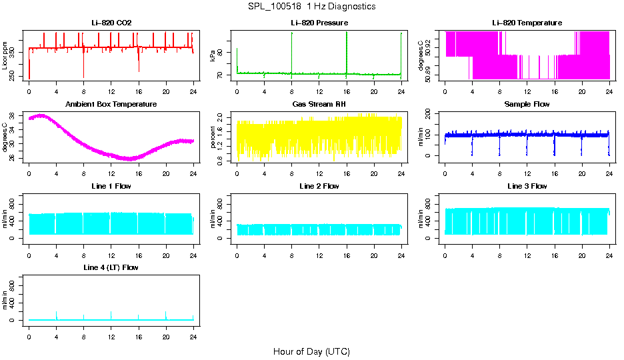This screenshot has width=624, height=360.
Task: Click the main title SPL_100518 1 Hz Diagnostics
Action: click(x=311, y=7)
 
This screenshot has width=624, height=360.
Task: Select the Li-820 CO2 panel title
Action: click(x=111, y=23)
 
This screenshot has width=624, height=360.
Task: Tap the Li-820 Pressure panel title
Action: click(x=319, y=23)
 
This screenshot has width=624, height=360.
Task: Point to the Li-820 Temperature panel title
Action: click(x=527, y=23)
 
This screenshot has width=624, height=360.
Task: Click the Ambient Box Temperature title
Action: click(x=111, y=105)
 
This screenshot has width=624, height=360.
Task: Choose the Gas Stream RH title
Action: click(x=319, y=105)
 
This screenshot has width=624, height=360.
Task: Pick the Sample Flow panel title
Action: click(x=527, y=105)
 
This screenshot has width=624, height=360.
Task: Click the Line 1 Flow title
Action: click(x=111, y=186)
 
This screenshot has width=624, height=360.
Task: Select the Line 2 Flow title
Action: click(x=319, y=186)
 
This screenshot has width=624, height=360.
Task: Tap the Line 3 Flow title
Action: click(x=527, y=186)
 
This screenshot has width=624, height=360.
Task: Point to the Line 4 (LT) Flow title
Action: click(x=111, y=267)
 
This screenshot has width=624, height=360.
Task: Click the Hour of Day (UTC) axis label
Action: click(x=311, y=351)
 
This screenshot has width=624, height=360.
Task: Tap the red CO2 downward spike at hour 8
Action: click(x=84, y=67)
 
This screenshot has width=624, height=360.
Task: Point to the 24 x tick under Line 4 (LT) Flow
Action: click(x=193, y=330)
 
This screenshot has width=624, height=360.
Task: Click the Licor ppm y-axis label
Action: click(x=5, y=56)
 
